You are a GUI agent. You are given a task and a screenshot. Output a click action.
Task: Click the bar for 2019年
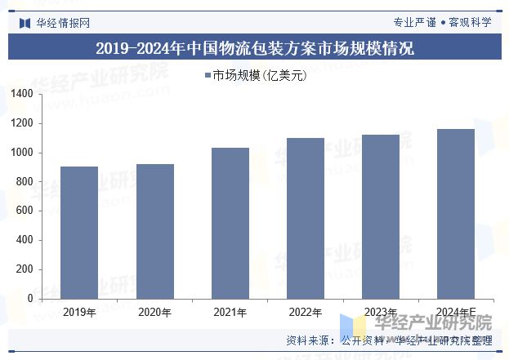(x=79, y=233)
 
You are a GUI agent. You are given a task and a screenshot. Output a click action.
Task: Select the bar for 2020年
(x=154, y=231)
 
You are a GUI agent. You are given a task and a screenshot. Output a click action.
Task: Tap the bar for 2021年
(x=230, y=223)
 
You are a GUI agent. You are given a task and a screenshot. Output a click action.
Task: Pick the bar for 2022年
(x=305, y=218)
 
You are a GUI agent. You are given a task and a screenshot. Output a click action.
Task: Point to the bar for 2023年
(x=380, y=216)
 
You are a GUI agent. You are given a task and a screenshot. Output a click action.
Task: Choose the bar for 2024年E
(x=455, y=214)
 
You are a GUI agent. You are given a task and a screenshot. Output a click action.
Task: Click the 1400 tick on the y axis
(x=22, y=95)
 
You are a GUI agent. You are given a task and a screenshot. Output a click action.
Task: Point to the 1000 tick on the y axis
(x=22, y=153)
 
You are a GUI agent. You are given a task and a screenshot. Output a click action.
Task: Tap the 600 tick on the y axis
(x=25, y=211)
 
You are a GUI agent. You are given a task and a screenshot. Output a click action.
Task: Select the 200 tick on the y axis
(x=25, y=269)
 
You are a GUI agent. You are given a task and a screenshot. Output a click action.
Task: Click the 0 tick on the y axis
(x=30, y=299)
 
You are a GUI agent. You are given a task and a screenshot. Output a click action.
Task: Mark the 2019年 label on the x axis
(x=79, y=312)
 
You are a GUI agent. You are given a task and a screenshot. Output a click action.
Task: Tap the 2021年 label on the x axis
(x=230, y=312)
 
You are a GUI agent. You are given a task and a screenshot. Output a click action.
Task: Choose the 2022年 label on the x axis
(x=305, y=312)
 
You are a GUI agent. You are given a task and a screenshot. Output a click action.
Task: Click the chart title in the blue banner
(x=254, y=48)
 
